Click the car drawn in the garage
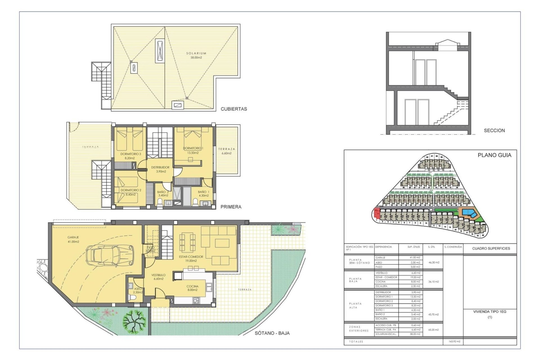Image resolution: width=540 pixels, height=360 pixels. coord(110,255)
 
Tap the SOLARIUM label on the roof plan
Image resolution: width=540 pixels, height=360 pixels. coord(196,53)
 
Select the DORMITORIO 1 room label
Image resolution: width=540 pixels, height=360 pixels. coord(193,148)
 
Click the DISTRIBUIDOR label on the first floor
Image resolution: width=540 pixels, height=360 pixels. coord(160,167)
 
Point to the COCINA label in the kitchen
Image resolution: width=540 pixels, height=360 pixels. coord(192,286)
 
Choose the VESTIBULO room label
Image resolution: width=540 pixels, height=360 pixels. coord(158,275)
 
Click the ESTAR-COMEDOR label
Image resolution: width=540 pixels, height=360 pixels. coord(191,257)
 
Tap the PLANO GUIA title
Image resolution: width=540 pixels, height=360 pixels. coord(494,155)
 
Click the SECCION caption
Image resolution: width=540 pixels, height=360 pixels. coord(494,130)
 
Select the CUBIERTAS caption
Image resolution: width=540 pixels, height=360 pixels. coord(234,109)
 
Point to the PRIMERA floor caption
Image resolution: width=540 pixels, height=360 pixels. coord(231,207)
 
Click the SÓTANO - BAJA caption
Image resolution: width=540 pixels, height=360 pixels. coord(272,333)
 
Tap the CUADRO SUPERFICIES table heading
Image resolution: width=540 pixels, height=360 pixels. coord(491,248)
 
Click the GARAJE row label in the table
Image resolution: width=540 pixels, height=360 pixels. coord(380,258)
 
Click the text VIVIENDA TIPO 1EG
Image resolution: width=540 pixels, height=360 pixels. coord(490,312)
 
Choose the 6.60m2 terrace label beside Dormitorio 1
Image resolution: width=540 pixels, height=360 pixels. coord(226,153)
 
